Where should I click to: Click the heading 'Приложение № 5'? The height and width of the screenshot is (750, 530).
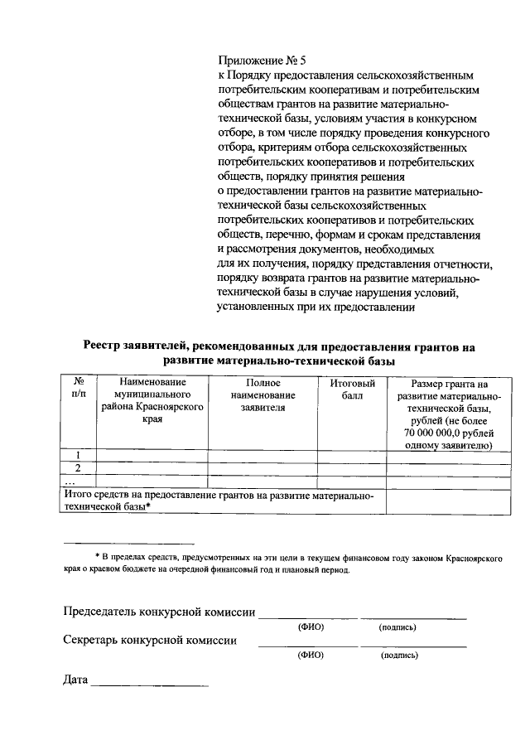[x=261, y=60]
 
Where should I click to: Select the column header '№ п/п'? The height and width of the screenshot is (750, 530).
[x=78, y=389]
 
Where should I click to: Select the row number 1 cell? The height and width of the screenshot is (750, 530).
[x=78, y=455]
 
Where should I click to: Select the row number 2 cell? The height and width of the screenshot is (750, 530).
[x=78, y=468]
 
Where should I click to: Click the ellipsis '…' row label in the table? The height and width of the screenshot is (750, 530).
[x=70, y=481]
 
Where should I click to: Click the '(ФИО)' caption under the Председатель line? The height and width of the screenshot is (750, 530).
[x=310, y=627]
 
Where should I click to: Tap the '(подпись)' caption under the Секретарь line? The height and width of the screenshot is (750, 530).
[x=399, y=656]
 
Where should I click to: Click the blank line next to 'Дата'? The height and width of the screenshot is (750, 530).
[x=149, y=683]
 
